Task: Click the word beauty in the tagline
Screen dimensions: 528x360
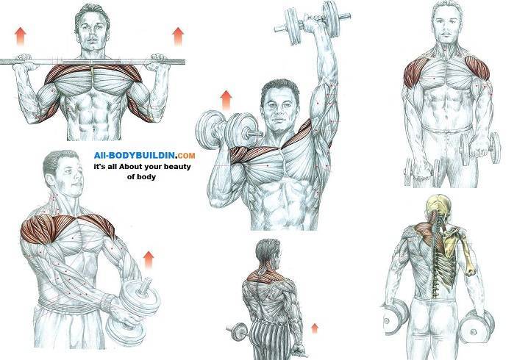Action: pos(177,167)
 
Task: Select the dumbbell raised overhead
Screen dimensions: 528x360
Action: pos(313,23)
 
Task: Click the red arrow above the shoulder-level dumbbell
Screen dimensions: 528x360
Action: pos(226,100)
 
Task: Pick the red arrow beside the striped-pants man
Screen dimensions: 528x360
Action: pos(315,328)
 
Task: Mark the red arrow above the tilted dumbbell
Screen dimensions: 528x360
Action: pos(149,259)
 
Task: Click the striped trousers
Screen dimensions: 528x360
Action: pos(271,340)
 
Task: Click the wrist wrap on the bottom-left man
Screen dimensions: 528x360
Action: pos(107,302)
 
